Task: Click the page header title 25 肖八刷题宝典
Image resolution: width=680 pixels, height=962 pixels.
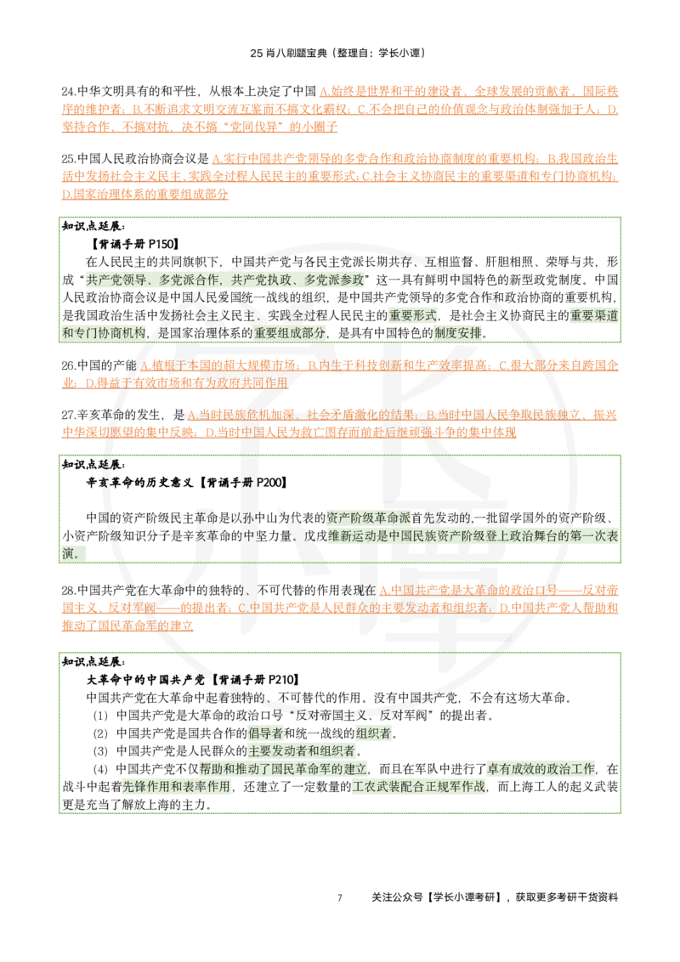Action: click(x=288, y=53)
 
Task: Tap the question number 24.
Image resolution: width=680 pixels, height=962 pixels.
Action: click(x=68, y=92)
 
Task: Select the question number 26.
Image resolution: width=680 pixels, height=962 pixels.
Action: click(x=68, y=365)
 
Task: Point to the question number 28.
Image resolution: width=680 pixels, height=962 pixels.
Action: click(x=68, y=591)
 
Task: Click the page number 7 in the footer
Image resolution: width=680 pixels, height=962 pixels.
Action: click(x=339, y=897)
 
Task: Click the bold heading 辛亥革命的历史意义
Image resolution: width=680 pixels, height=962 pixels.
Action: click(x=140, y=483)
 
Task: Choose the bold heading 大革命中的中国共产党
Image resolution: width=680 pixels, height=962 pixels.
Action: click(x=145, y=680)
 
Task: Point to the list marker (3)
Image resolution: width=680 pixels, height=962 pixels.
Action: click(x=100, y=751)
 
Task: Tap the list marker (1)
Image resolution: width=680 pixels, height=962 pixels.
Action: click(x=100, y=716)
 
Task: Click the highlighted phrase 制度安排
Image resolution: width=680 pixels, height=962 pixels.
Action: click(x=458, y=334)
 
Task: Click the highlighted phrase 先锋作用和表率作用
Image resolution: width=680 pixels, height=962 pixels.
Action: click(x=176, y=787)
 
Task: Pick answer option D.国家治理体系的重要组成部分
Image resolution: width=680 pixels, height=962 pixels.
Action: click(x=144, y=195)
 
